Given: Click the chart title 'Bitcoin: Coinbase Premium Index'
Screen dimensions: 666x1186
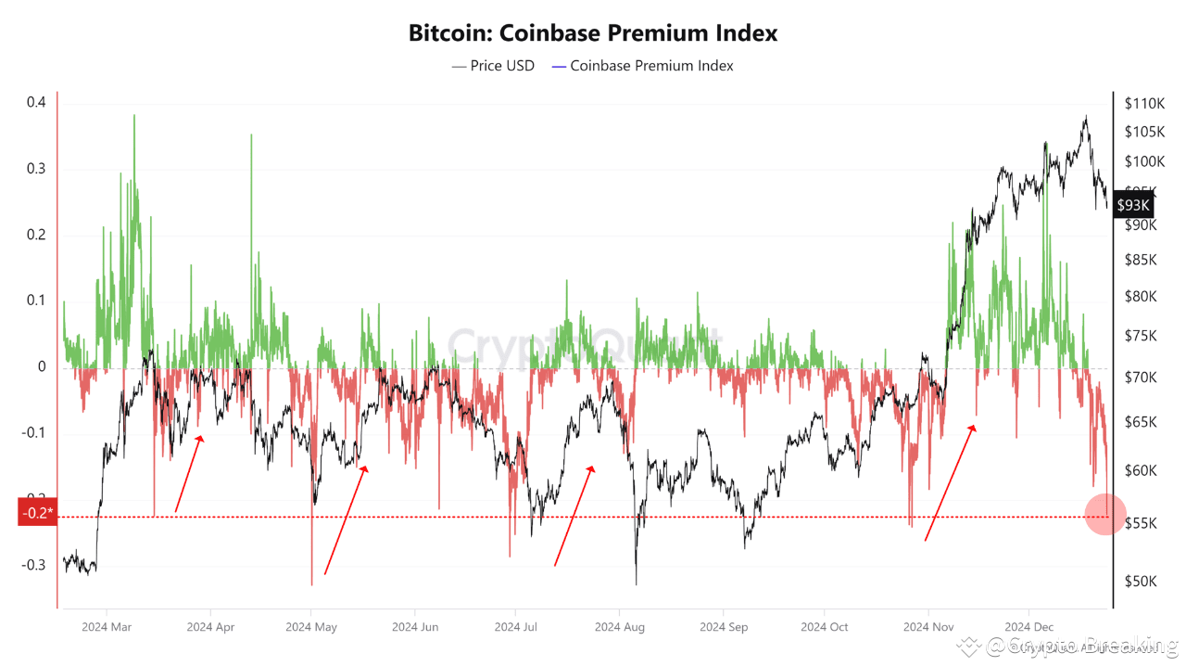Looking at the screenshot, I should click(x=593, y=33).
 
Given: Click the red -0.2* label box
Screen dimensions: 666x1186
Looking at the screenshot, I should click(x=37, y=512).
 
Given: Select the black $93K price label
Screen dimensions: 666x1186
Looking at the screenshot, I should click(x=1132, y=205).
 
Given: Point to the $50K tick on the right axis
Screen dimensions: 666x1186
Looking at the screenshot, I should click(x=1140, y=581).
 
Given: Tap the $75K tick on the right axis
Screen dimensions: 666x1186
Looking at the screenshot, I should click(x=1140, y=336).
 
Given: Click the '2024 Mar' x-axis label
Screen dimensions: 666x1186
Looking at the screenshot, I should click(x=107, y=627).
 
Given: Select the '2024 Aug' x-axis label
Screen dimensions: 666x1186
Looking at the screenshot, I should click(x=620, y=627).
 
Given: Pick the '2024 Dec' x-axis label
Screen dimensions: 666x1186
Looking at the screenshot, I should click(x=1029, y=627).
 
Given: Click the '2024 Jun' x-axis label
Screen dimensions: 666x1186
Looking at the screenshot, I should click(x=415, y=627).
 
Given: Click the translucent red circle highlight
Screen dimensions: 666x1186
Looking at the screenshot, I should click(x=1104, y=514).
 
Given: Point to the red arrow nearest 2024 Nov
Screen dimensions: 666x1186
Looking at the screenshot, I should click(x=950, y=482).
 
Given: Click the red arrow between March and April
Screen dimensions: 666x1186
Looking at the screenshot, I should click(x=189, y=473).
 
